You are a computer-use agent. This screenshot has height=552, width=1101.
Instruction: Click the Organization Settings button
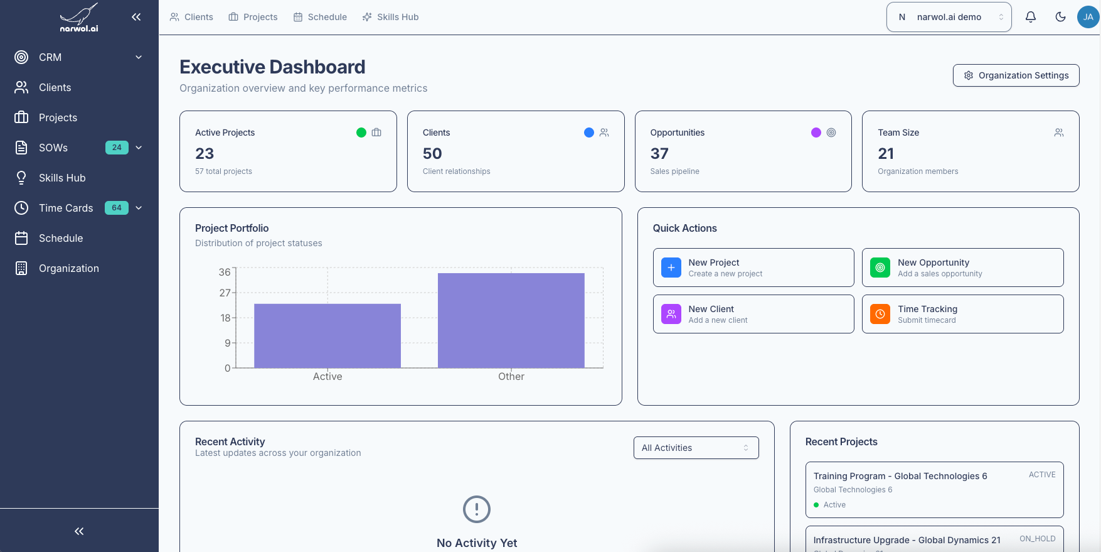pyautogui.click(x=1016, y=75)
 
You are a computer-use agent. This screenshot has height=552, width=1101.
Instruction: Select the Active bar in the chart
pyautogui.click(x=327, y=335)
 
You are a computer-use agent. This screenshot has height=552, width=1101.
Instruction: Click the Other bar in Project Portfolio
pyautogui.click(x=511, y=320)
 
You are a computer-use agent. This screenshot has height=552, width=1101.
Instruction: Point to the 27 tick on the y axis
pyautogui.click(x=225, y=293)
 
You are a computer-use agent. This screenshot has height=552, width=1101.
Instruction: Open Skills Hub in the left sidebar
pyautogui.click(x=61, y=178)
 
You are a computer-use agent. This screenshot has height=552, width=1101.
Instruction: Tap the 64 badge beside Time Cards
pyautogui.click(x=117, y=208)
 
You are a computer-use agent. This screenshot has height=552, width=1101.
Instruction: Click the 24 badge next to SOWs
pyautogui.click(x=117, y=148)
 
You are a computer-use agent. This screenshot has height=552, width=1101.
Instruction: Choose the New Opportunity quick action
pyautogui.click(x=962, y=268)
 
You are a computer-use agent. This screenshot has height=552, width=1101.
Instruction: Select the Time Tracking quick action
pyautogui.click(x=962, y=314)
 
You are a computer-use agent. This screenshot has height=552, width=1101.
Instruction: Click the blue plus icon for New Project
pyautogui.click(x=671, y=268)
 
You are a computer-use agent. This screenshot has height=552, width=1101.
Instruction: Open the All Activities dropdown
pyautogui.click(x=696, y=448)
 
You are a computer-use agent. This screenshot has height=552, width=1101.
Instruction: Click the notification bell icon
pyautogui.click(x=1031, y=17)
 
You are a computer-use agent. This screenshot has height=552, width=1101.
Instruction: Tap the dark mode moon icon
pyautogui.click(x=1061, y=17)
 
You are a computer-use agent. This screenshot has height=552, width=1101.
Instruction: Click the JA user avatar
pyautogui.click(x=1088, y=17)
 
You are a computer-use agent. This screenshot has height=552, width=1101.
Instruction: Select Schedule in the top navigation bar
pyautogui.click(x=320, y=17)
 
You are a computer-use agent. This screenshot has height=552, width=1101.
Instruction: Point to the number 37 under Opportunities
pyautogui.click(x=659, y=154)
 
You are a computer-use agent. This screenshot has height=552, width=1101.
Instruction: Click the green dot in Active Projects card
pyautogui.click(x=361, y=133)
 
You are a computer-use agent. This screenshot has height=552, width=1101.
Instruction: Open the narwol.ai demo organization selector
pyautogui.click(x=949, y=17)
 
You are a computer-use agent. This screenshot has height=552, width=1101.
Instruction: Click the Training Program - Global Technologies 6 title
pyautogui.click(x=900, y=476)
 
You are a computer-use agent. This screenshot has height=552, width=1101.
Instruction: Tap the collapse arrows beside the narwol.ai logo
pyautogui.click(x=136, y=17)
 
